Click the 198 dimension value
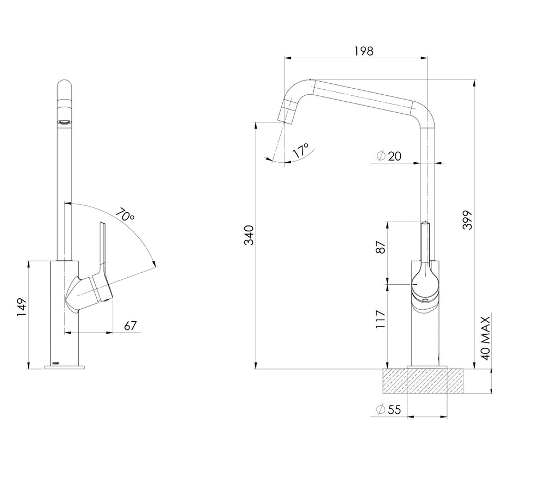[364, 51]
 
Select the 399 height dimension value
[468, 220]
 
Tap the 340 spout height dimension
[249, 235]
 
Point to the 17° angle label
[300, 150]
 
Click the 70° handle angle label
[125, 215]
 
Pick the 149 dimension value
[21, 307]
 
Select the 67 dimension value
[131, 326]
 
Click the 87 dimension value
[380, 247]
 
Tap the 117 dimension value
[380, 319]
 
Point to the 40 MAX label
[485, 338]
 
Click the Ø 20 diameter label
[388, 156]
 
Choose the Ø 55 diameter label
[388, 409]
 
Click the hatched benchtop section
[423, 381]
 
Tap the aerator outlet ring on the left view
[64, 122]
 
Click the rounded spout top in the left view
[64, 89]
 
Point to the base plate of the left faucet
[64, 367]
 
